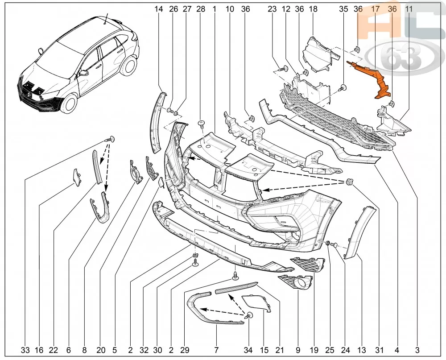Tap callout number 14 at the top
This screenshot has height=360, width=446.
[x=159, y=9]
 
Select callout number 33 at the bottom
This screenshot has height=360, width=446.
[x=25, y=350]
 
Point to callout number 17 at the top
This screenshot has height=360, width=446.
[x=376, y=9]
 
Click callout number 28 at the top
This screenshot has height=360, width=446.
[x=201, y=9]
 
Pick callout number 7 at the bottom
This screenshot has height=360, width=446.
[x=216, y=350]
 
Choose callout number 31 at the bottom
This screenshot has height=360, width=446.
[x=380, y=350]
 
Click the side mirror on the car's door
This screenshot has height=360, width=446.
[x=84, y=73]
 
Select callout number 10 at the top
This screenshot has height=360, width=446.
[x=230, y=9]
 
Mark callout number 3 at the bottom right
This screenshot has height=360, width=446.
[x=417, y=350]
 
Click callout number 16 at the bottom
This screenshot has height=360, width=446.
[x=39, y=350]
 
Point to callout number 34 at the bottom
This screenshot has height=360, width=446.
[x=248, y=350]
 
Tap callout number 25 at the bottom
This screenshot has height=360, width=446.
[x=330, y=350]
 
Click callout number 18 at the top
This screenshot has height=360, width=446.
[x=313, y=9]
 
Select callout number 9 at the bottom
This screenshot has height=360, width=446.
[x=298, y=350]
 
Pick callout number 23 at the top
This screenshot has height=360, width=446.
[x=272, y=9]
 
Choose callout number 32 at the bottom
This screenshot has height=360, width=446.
[x=144, y=350]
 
